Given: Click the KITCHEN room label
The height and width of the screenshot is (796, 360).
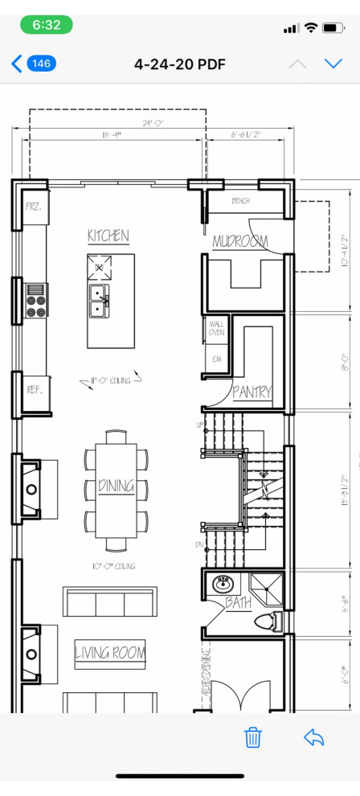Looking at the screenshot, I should coord(108,236).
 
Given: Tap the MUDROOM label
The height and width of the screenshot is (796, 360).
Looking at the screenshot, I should coord(240,241).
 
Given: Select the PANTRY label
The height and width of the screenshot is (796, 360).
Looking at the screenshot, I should coord(252,392).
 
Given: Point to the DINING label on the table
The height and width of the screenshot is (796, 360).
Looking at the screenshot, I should coord(116,486).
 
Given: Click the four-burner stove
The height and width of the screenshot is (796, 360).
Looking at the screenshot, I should coord(36,301).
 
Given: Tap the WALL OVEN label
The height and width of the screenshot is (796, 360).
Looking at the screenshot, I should coord(216,328).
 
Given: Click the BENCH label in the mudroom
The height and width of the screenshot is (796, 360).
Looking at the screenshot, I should coord(241,201).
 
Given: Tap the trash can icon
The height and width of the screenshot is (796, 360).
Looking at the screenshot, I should coord(253,737).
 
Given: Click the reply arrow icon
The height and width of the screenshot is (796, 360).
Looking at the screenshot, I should coord(313,737).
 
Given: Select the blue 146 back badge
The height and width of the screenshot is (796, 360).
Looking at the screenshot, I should coord(41,64).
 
